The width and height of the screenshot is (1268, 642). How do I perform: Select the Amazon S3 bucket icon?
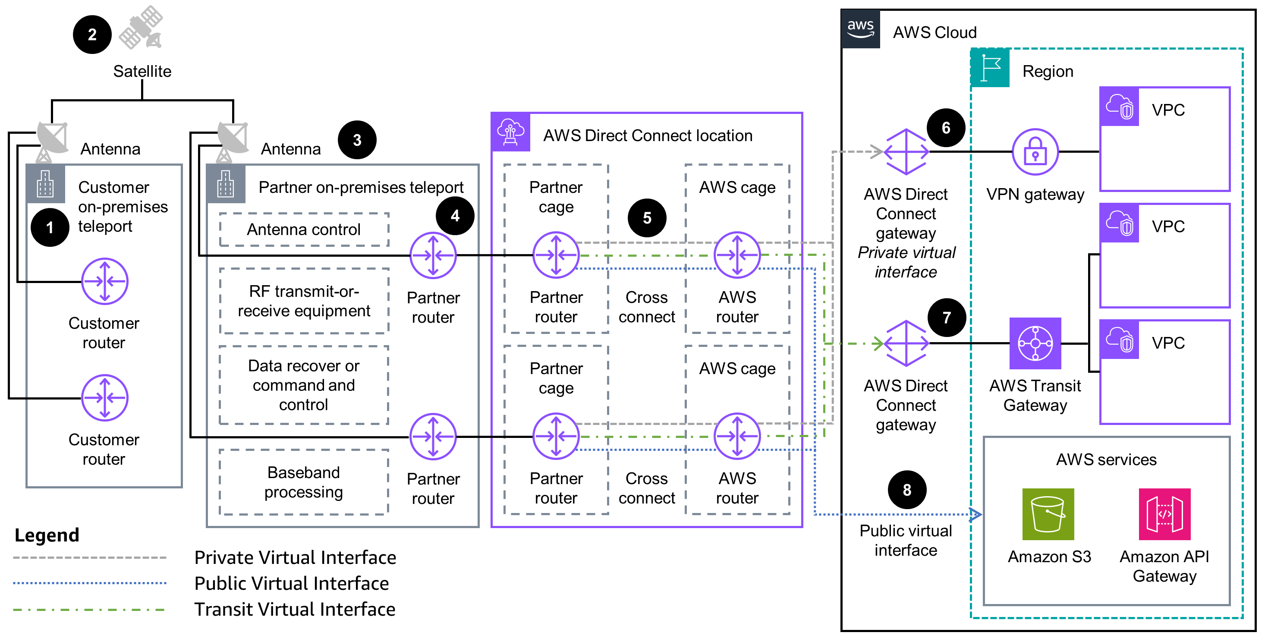click(1048, 514)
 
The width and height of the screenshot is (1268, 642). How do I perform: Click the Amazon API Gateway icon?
click(1164, 514)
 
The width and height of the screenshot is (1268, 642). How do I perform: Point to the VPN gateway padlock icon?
click(1035, 152)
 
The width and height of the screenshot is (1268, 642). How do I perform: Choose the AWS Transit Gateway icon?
click(1035, 343)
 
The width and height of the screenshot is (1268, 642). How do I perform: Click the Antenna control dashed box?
click(304, 230)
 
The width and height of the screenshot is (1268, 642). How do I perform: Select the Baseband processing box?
click(304, 482)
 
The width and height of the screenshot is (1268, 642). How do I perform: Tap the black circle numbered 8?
click(907, 490)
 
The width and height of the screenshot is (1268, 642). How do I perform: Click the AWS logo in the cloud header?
click(860, 28)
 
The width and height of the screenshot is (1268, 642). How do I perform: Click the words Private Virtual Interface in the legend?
click(295, 557)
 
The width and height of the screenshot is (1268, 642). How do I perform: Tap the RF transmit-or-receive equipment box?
click(304, 301)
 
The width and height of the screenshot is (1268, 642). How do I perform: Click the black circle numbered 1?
click(50, 227)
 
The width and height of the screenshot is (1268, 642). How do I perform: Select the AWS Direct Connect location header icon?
click(510, 132)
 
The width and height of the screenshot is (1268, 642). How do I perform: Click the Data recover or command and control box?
click(304, 385)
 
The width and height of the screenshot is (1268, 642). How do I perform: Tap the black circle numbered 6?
click(946, 128)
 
